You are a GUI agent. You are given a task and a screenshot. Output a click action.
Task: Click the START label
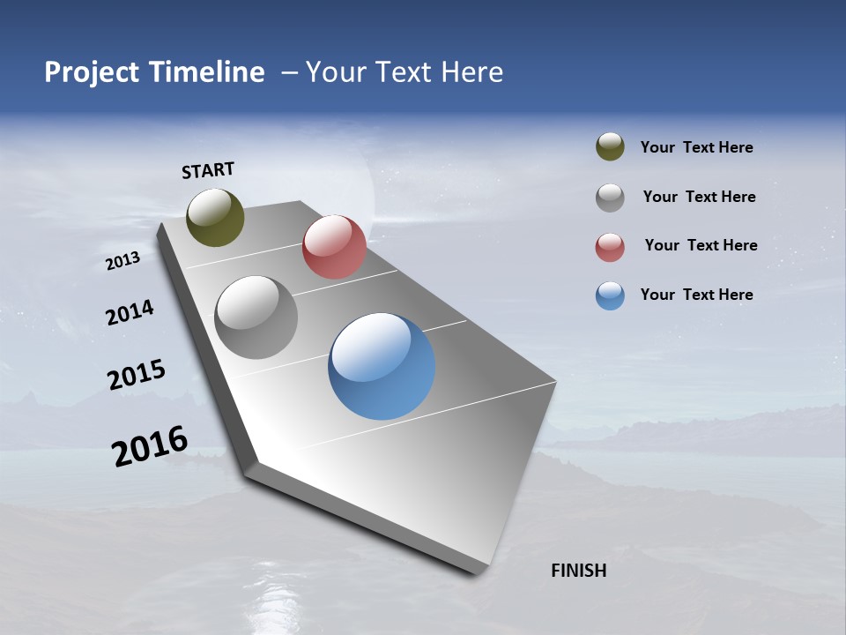[208, 170]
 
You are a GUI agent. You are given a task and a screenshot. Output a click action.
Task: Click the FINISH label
[578, 571]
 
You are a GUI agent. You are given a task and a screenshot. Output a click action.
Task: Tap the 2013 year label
[122, 260]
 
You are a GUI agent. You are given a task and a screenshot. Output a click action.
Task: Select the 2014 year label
[130, 312]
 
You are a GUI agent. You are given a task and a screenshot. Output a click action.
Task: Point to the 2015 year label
[137, 374]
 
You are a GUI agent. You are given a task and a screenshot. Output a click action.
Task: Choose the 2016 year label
[150, 445]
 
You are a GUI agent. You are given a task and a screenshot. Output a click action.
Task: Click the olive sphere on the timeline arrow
[215, 217]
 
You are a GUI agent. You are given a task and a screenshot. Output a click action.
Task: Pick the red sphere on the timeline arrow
[334, 247]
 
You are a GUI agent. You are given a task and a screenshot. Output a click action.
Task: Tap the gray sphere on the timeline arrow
[256, 317]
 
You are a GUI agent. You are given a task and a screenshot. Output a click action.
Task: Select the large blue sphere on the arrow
[382, 366]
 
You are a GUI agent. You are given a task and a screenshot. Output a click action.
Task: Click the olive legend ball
[610, 146]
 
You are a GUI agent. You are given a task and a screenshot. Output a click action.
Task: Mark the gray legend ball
[610, 198]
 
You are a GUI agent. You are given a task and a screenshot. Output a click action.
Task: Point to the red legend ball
[610, 247]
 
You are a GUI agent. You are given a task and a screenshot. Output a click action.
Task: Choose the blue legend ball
[610, 295]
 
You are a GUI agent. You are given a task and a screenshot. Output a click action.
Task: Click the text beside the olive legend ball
[696, 148]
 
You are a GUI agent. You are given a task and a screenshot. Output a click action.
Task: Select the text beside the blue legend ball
[696, 295]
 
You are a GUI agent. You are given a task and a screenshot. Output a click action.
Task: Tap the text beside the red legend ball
[701, 245]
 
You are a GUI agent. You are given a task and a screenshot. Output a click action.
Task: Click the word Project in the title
[92, 72]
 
